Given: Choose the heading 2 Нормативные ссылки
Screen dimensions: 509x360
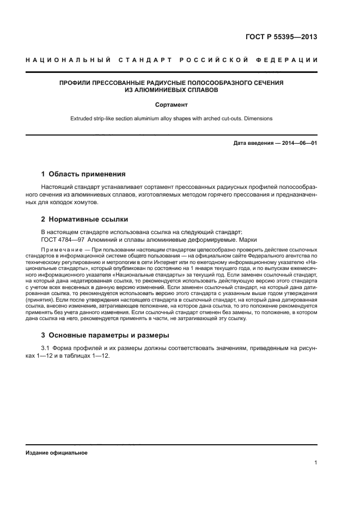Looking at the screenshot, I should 84,219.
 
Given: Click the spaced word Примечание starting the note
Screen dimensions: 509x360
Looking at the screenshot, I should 59,249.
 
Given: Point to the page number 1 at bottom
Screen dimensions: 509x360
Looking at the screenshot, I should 315,463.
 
